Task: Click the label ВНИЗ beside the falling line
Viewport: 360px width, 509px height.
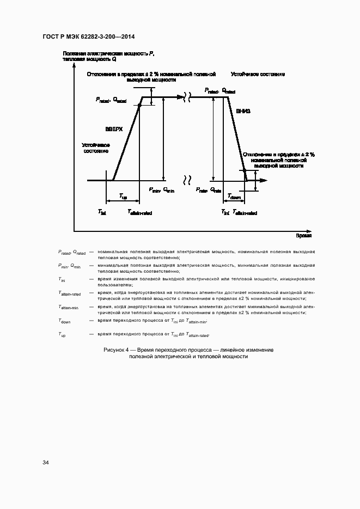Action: tap(243, 111)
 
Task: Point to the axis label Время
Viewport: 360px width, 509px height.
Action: tap(303, 236)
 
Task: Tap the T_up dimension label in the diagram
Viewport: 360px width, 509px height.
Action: tap(123, 197)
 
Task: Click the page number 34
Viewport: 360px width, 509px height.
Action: tap(46, 462)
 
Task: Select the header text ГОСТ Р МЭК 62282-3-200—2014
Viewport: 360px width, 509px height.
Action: tap(88, 37)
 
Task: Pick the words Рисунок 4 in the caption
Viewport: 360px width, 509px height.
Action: tap(117, 349)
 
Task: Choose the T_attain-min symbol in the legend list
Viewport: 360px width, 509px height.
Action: tap(69, 308)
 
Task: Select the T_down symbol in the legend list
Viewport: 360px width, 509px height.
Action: tap(64, 322)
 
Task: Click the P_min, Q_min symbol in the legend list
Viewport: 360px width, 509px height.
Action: tap(69, 266)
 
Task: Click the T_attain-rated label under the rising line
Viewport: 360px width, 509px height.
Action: tap(139, 212)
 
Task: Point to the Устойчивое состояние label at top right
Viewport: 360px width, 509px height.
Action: tap(258, 74)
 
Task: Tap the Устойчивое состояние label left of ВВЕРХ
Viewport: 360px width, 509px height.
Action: tap(96, 148)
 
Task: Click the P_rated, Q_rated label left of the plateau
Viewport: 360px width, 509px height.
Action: tap(111, 100)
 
